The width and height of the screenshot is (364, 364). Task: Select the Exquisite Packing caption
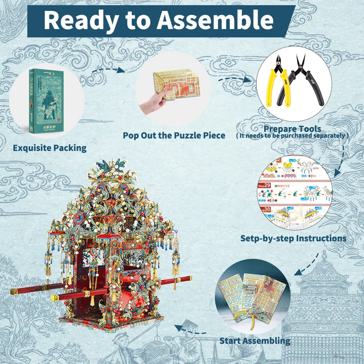[x=49, y=148]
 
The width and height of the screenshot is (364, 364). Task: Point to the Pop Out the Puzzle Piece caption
[x=174, y=135]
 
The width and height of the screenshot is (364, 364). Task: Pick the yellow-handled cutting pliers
[x=279, y=83]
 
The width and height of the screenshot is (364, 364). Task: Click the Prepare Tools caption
[x=292, y=128]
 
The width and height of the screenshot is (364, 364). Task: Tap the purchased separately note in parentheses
[x=292, y=136]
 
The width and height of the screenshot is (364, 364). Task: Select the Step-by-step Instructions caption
[x=293, y=238]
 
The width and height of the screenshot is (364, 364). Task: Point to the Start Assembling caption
[x=255, y=341]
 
